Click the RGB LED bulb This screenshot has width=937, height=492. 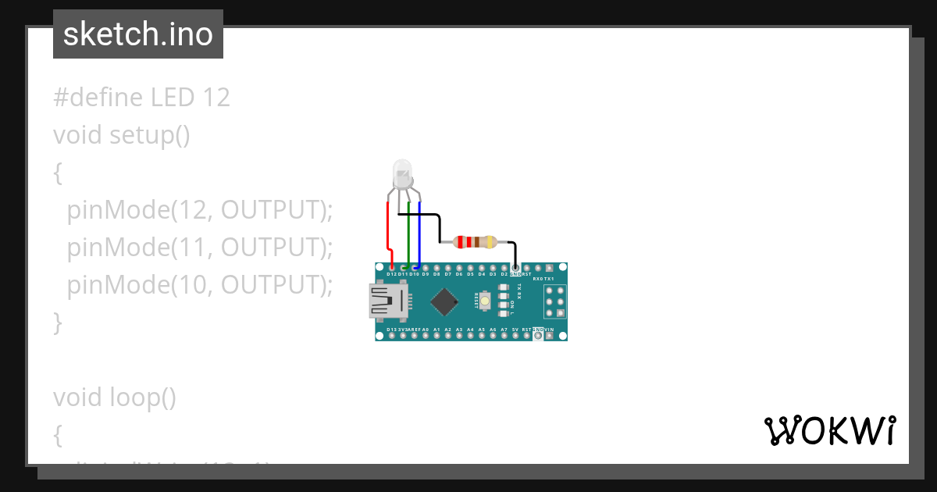tap(401, 173)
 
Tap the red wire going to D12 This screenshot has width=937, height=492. tap(389, 234)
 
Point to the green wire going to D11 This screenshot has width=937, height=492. tap(408, 234)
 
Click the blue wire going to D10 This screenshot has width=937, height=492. tap(420, 234)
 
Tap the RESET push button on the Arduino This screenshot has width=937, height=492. tap(486, 301)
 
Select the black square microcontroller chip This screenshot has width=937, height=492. tap(444, 301)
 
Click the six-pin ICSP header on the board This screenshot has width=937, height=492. tap(554, 301)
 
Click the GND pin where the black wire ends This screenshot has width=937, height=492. tap(515, 267)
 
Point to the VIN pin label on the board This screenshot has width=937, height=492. tap(549, 330)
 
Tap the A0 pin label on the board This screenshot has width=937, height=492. tap(425, 330)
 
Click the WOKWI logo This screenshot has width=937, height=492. tap(829, 430)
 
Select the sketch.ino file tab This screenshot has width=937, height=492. tap(138, 34)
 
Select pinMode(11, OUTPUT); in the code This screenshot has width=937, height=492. tap(200, 248)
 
